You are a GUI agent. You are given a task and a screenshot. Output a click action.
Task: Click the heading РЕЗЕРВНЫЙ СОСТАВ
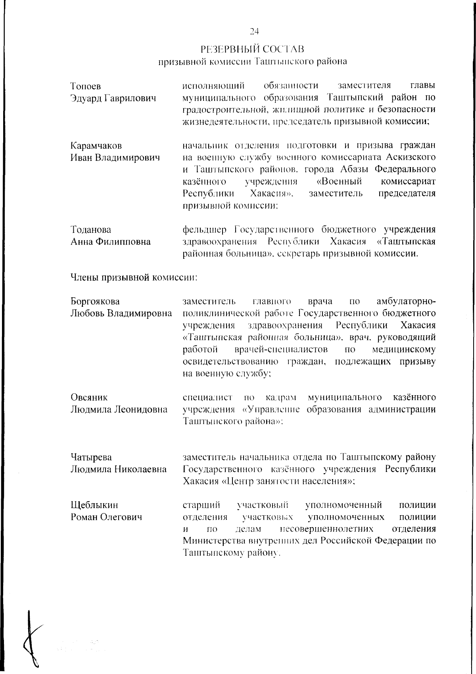tap(252, 49)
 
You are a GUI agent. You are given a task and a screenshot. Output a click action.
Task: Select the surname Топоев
tap(86, 86)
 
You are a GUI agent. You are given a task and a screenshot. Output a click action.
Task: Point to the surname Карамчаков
tap(96, 146)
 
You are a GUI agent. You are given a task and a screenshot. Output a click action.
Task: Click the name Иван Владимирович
tap(115, 158)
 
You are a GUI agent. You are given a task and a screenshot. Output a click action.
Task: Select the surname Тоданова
tap(91, 230)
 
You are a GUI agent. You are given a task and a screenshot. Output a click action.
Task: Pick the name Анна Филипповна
tap(111, 242)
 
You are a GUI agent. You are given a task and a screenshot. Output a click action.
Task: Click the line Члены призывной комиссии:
tap(134, 277)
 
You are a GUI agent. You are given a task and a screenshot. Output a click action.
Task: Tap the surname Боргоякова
tap(95, 302)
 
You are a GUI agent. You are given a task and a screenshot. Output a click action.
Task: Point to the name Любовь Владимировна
tap(121, 314)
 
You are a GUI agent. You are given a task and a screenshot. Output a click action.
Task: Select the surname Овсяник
tap(89, 397)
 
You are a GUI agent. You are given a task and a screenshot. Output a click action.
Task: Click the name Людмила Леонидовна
tap(119, 410)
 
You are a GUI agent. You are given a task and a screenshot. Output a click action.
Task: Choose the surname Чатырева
tap(91, 457)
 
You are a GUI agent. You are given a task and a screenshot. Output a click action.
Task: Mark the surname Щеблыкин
tap(94, 505)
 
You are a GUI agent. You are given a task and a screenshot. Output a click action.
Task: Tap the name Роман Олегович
tap(106, 518)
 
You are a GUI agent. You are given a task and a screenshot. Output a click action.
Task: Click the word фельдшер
tap(205, 230)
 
